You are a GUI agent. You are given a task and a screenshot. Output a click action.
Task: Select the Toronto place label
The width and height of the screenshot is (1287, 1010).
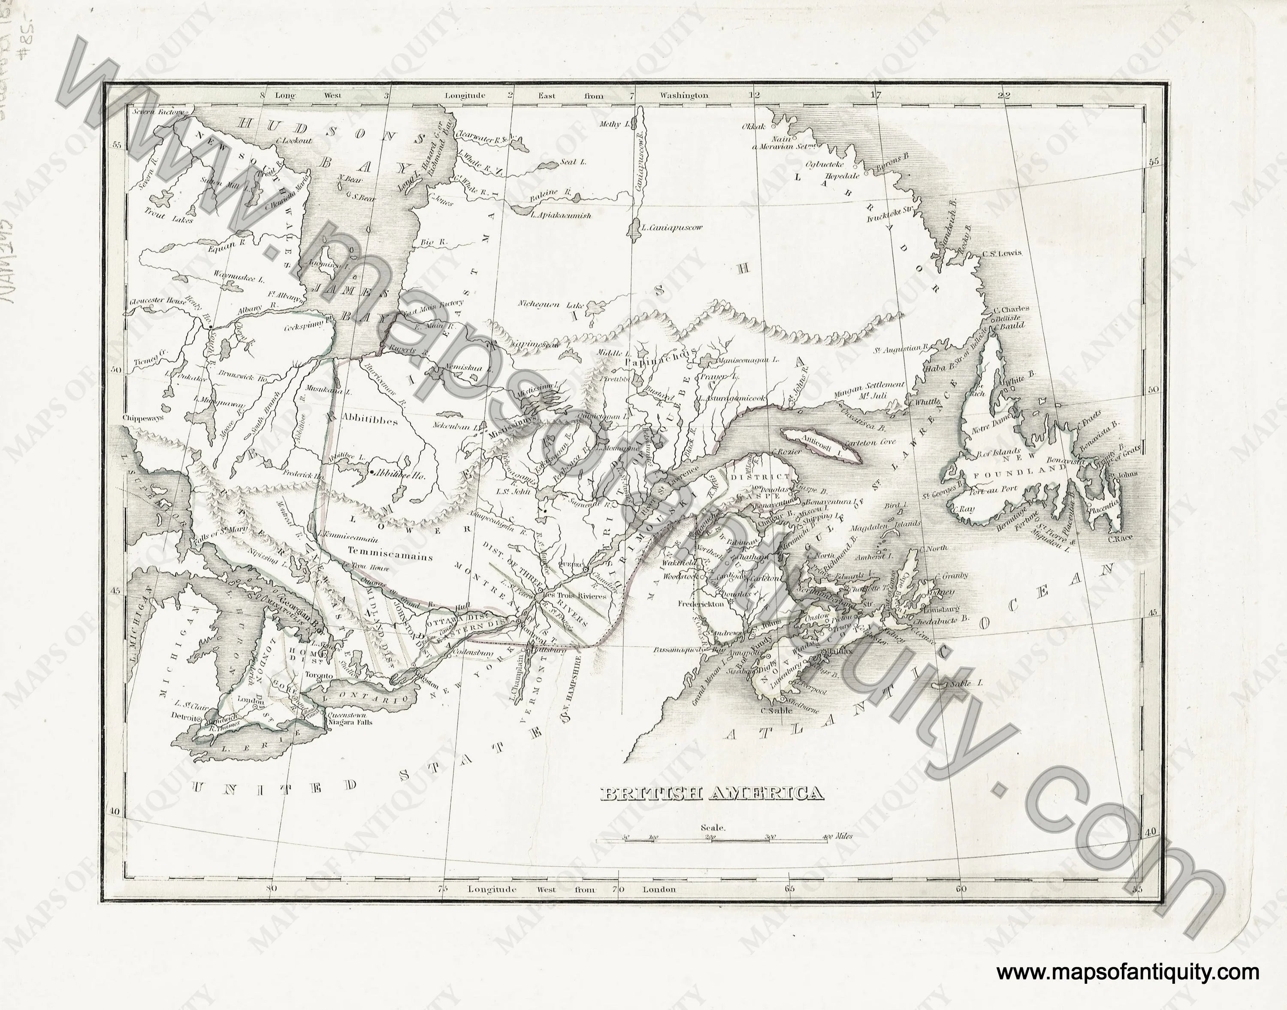(x=318, y=674)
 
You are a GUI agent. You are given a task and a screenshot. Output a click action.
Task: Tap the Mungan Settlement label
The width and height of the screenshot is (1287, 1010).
(x=869, y=384)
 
